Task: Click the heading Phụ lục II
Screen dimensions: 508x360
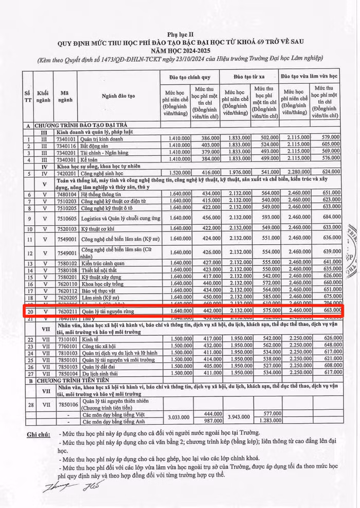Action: tap(181, 32)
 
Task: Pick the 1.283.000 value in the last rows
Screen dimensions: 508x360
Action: tap(268, 421)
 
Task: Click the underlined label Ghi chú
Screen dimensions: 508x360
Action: tap(40, 434)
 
